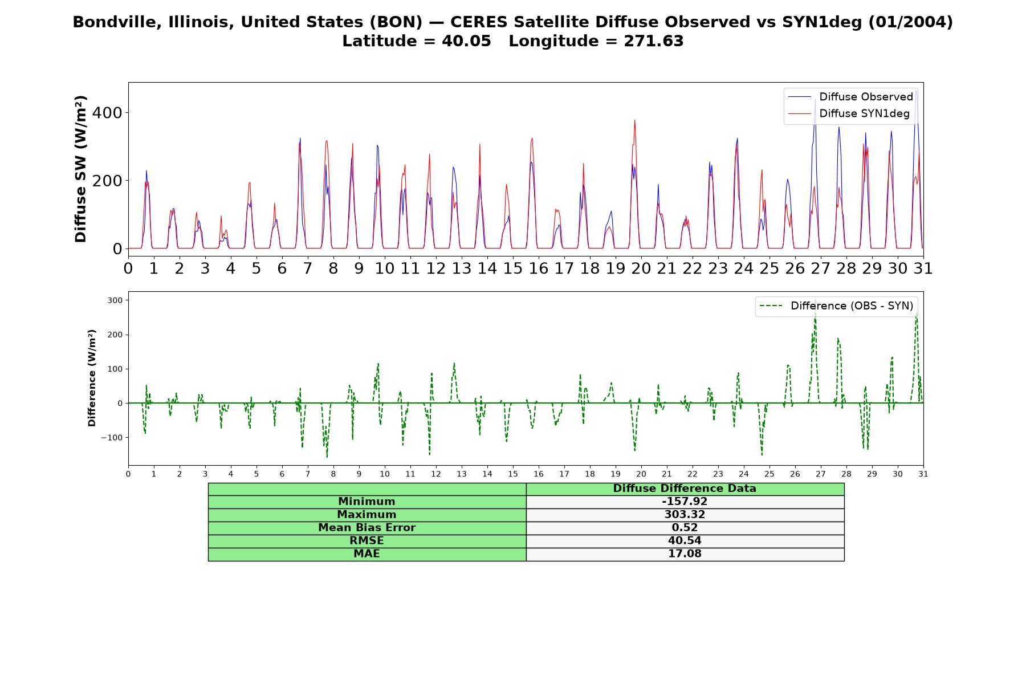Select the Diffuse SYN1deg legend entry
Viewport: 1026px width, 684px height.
point(849,113)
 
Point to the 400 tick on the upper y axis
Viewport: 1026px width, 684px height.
point(107,113)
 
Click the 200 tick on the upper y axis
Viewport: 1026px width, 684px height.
point(107,181)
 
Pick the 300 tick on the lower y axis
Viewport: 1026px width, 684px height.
point(115,300)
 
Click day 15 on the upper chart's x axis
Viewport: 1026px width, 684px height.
point(512,268)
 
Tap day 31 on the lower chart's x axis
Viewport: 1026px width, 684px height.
point(923,474)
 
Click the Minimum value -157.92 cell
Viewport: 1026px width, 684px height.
point(685,502)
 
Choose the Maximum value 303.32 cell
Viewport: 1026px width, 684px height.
point(685,515)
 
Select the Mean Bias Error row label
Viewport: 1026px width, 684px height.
point(367,528)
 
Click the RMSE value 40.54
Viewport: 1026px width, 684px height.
point(685,541)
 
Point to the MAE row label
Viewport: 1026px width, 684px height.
point(367,554)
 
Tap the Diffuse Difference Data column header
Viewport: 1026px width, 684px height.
point(685,488)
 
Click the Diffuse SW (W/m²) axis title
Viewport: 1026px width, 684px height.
point(81,169)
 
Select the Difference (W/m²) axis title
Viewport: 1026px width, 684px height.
point(92,378)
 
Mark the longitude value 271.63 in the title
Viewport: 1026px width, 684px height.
point(653,41)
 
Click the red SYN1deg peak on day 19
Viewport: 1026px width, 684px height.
point(634,120)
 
